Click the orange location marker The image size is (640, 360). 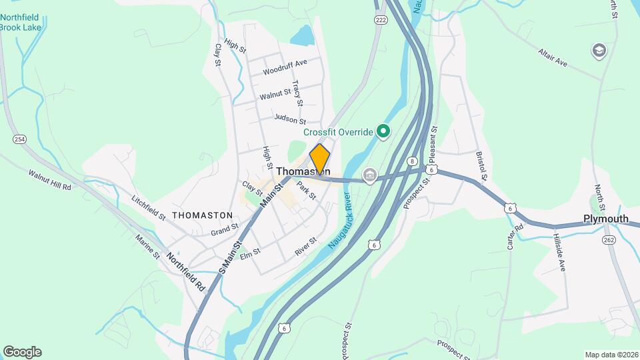tap(320, 159)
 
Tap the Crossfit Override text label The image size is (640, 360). tap(339, 132)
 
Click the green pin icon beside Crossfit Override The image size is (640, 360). tap(383, 131)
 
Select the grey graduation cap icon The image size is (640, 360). tap(599, 51)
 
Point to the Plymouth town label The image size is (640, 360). tap(606, 219)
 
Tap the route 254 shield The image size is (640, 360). tap(19, 139)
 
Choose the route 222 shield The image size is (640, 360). tap(381, 20)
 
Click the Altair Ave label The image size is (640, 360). tap(553, 57)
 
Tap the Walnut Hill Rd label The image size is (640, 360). tap(49, 179)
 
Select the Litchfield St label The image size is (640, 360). tap(148, 207)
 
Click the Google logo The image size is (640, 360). tap(22, 352)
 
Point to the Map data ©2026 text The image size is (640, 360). tap(611, 355)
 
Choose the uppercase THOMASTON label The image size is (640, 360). tap(203, 215)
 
